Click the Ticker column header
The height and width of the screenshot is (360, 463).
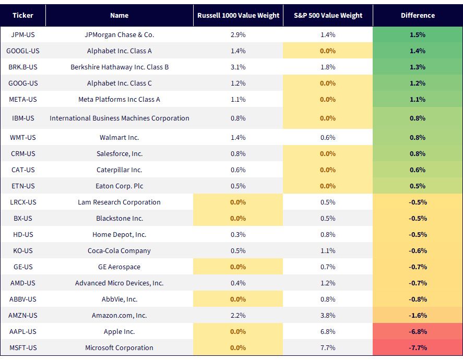click(x=23, y=15)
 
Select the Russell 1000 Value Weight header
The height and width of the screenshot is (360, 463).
click(x=239, y=15)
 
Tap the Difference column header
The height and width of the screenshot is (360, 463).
click(x=418, y=15)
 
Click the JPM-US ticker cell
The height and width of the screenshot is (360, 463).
click(x=23, y=35)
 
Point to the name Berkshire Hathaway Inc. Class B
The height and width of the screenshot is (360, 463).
click(x=120, y=67)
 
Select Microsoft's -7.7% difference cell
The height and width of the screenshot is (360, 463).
click(x=418, y=347)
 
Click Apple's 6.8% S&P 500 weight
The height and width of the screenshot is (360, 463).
click(x=328, y=331)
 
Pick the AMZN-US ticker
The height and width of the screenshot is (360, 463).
click(x=23, y=315)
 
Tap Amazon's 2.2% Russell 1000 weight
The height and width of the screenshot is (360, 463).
click(x=238, y=315)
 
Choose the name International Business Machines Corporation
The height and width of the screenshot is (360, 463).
click(x=120, y=118)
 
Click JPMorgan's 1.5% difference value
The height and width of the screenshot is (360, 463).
click(x=418, y=35)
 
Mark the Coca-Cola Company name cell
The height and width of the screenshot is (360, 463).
click(x=120, y=251)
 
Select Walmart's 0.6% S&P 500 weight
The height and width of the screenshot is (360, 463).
click(x=328, y=138)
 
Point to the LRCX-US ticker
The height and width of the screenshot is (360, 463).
click(x=23, y=202)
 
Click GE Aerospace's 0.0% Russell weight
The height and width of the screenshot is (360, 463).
click(x=238, y=267)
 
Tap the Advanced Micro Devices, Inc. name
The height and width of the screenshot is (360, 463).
click(x=120, y=283)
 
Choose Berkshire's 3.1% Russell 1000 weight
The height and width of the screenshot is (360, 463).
click(x=238, y=67)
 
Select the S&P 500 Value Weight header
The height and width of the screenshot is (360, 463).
click(x=328, y=15)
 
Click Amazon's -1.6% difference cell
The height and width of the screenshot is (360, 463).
click(x=418, y=315)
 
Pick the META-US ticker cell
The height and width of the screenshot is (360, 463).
click(x=23, y=100)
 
